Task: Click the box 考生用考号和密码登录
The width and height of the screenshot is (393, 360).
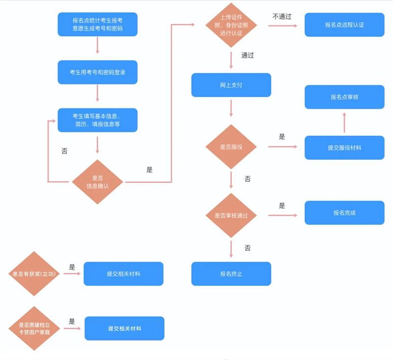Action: click(x=97, y=72)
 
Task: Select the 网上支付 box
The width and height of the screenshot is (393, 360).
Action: click(x=231, y=85)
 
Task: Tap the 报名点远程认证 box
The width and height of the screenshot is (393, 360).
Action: click(x=344, y=25)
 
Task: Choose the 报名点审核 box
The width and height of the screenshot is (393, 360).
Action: click(x=344, y=97)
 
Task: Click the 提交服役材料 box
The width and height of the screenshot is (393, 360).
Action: click(x=344, y=148)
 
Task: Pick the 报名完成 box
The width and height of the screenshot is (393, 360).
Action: click(x=344, y=213)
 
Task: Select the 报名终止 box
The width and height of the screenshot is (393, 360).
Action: click(x=231, y=274)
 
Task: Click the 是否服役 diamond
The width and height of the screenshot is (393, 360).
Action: click(x=231, y=147)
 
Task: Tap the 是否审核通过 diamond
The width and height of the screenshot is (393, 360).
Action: click(x=231, y=215)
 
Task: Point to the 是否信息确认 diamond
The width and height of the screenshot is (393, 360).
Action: click(x=97, y=182)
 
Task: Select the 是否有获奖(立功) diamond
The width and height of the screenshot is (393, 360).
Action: click(x=34, y=274)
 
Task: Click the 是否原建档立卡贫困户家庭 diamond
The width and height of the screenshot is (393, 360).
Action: click(x=34, y=329)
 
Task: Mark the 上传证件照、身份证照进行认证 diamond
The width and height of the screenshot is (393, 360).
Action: click(x=231, y=25)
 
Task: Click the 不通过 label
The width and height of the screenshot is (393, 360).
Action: click(x=282, y=17)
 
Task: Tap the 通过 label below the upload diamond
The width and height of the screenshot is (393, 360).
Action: click(x=248, y=55)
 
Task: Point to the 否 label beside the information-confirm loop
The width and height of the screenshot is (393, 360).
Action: click(x=64, y=151)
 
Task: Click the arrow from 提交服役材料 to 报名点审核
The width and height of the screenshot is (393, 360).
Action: click(x=344, y=122)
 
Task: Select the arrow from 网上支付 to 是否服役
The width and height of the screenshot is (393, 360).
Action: click(x=231, y=108)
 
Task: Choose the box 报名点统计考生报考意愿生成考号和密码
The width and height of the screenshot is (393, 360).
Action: click(x=97, y=24)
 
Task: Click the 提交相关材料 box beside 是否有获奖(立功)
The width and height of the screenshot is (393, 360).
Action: click(x=123, y=274)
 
